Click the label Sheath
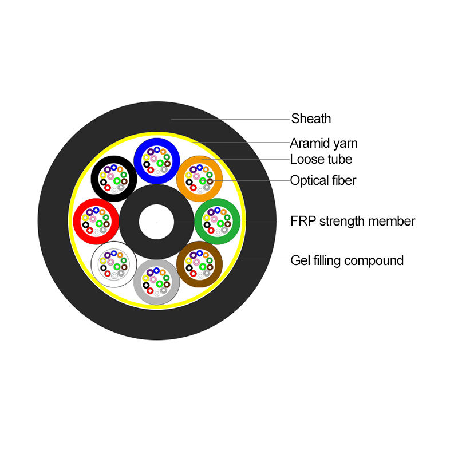click(x=311, y=119)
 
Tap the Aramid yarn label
click(x=323, y=143)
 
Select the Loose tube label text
click(x=321, y=159)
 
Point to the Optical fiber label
click(x=323, y=181)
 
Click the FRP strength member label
click(x=353, y=221)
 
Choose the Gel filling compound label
click(x=347, y=261)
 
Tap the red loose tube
click(x=78, y=220)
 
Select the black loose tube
click(x=95, y=176)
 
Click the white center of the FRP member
click(x=157, y=220)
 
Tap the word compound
click(x=375, y=261)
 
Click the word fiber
click(x=342, y=181)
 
